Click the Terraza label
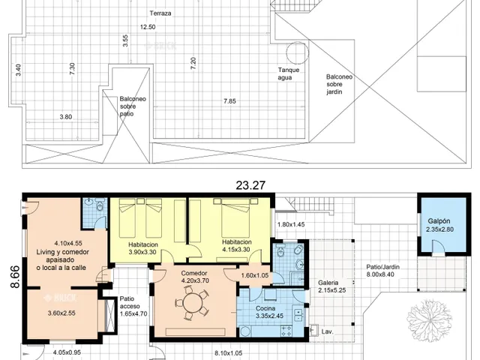click(x=160, y=13)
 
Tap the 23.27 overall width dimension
click(x=250, y=185)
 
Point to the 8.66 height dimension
click(x=15, y=277)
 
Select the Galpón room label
click(x=439, y=221)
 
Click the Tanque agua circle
click(x=297, y=52)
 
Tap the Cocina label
click(x=265, y=308)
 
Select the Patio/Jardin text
click(x=382, y=267)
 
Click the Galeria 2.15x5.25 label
click(x=331, y=286)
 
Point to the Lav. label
click(x=327, y=331)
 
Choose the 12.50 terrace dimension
click(x=148, y=27)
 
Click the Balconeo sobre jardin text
click(x=339, y=84)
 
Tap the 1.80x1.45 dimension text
click(x=291, y=224)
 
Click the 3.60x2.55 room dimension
click(x=61, y=313)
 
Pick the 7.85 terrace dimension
click(x=229, y=101)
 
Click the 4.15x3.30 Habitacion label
click(x=237, y=246)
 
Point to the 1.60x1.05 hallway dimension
click(x=255, y=275)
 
